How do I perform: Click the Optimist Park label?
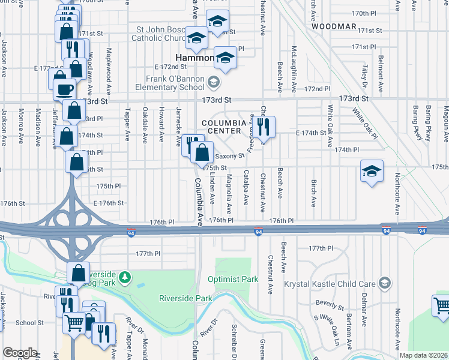point(232,279)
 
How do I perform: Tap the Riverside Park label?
point(185,298)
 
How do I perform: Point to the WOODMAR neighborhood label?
point(334,28)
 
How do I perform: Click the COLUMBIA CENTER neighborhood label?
point(224,127)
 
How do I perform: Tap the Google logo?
point(20,353)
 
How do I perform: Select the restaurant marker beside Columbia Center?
point(262,126)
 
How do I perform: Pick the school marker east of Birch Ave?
point(372,170)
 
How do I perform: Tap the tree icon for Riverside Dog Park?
point(124,277)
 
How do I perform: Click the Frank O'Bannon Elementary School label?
point(175,83)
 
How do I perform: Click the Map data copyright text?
point(424,355)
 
